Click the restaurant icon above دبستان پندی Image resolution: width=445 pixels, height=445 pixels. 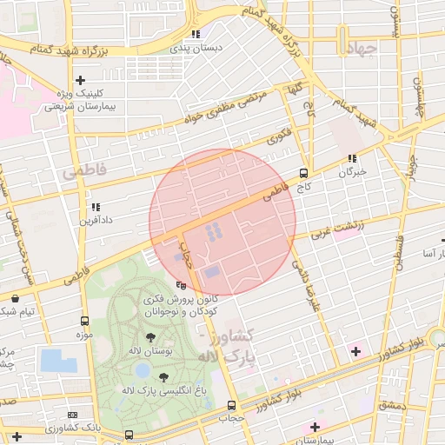coord(196,35)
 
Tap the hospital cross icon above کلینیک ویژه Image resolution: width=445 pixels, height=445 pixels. coord(81,79)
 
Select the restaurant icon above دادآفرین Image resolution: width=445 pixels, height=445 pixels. coord(95,208)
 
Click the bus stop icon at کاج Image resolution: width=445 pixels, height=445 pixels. coord(303,172)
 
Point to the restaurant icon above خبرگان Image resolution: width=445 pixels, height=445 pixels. coord(352,158)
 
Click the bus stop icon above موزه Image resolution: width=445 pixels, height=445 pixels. coord(84,321)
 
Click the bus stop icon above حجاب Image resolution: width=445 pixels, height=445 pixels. coord(230,405)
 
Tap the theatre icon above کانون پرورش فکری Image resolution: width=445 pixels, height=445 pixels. coord(181,284)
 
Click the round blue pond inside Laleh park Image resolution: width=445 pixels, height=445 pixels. coord(142,371)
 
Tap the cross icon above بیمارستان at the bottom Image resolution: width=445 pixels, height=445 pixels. coord(315,427)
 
